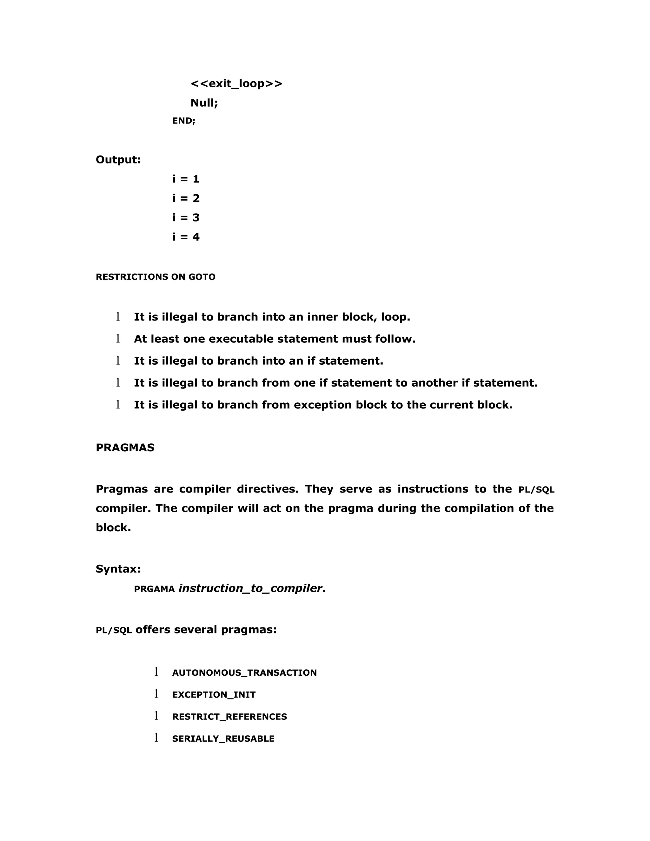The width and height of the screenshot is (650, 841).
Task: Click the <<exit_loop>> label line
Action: tap(236, 83)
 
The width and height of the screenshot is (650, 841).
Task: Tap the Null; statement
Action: tap(204, 103)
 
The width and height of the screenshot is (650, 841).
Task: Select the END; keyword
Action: tap(184, 121)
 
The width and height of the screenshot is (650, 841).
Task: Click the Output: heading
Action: tap(118, 159)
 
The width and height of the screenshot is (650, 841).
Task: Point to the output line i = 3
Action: tap(186, 218)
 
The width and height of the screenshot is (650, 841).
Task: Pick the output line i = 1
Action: tap(186, 179)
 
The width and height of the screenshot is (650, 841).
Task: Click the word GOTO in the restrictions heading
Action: tap(202, 277)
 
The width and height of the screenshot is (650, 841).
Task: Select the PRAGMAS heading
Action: tap(125, 447)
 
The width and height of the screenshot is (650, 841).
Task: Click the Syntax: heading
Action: tap(118, 569)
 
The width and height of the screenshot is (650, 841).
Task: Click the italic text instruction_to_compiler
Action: tap(250, 588)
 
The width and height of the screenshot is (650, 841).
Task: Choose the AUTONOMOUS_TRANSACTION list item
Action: tap(244, 673)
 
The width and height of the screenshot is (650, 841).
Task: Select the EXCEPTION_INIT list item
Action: tap(214, 695)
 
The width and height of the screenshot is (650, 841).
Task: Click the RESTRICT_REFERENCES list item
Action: tap(229, 717)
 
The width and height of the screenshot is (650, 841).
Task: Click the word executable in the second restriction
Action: tap(241, 339)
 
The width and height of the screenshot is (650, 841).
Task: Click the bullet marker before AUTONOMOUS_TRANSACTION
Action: tap(156, 672)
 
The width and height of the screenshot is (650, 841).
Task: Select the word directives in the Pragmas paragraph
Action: tap(268, 489)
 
